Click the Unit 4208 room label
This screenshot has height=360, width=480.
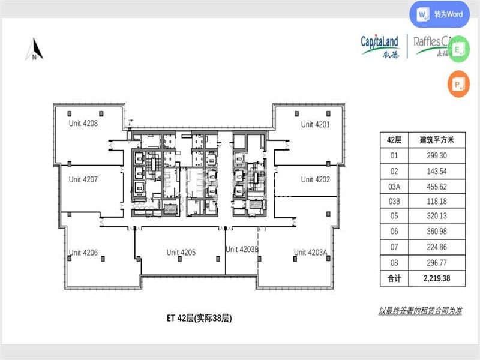(x=83, y=124)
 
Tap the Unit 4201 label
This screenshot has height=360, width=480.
(x=316, y=124)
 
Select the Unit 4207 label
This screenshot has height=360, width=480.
(x=83, y=179)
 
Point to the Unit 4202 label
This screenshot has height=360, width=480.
(x=316, y=179)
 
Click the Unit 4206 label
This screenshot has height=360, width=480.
(x=83, y=253)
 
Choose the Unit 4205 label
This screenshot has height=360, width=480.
(x=181, y=253)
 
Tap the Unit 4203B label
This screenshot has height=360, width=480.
(x=242, y=249)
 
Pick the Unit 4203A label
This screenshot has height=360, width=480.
(x=310, y=253)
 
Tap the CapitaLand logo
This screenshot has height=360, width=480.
(x=380, y=46)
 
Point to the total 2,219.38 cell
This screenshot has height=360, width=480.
(x=436, y=278)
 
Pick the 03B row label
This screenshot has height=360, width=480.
(x=394, y=201)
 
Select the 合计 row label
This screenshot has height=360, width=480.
(x=394, y=278)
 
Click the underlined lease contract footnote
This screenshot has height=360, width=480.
(x=420, y=311)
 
